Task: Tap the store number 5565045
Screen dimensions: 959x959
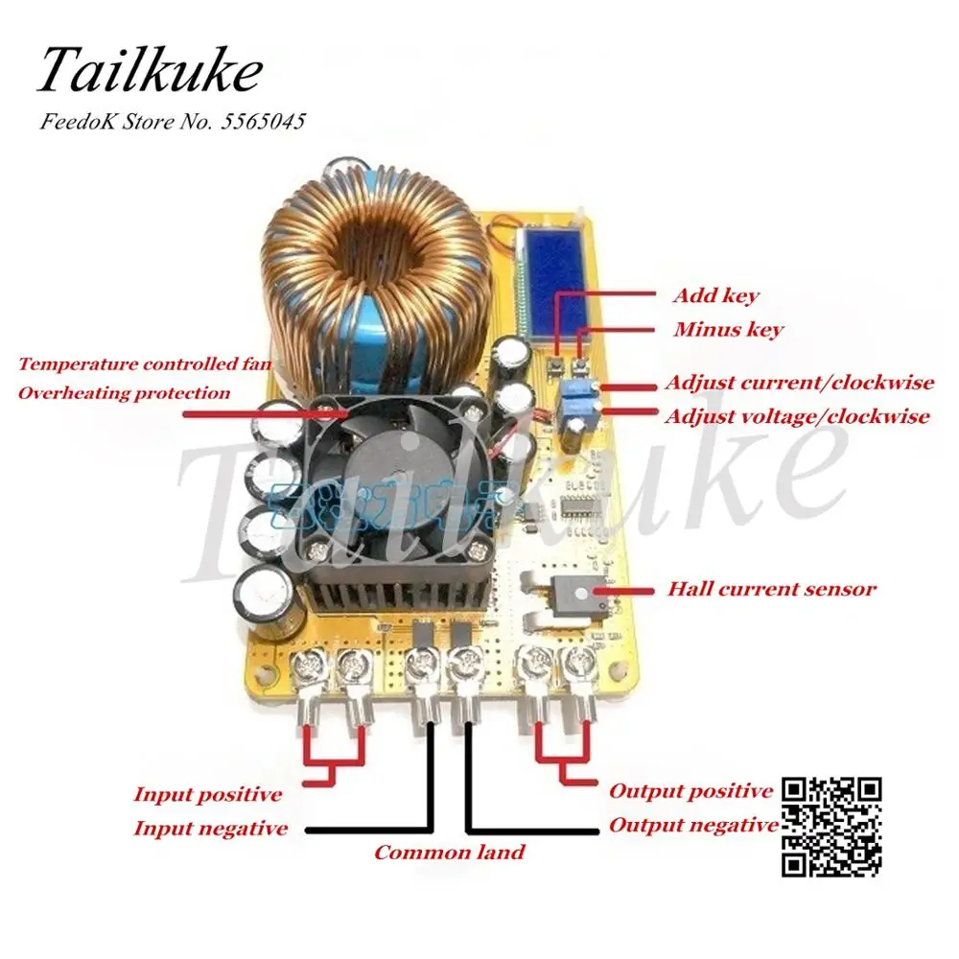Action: click(x=262, y=123)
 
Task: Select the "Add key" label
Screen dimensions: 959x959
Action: click(x=714, y=296)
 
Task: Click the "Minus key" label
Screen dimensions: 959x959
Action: click(x=727, y=330)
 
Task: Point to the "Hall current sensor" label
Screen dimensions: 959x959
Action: click(x=771, y=589)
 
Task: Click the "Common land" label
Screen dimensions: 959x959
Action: click(x=449, y=852)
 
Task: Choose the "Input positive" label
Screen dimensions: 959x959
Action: click(x=207, y=794)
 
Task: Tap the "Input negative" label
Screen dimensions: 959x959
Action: click(x=210, y=828)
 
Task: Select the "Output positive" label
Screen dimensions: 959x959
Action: click(x=690, y=791)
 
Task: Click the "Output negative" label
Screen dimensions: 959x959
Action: click(x=693, y=825)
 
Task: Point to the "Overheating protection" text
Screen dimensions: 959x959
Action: click(x=124, y=393)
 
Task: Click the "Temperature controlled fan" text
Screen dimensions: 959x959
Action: click(x=145, y=364)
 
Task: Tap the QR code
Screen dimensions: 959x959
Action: click(x=832, y=827)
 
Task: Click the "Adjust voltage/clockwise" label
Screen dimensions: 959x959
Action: click(x=798, y=416)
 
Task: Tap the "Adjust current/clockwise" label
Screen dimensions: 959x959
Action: click(x=799, y=383)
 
